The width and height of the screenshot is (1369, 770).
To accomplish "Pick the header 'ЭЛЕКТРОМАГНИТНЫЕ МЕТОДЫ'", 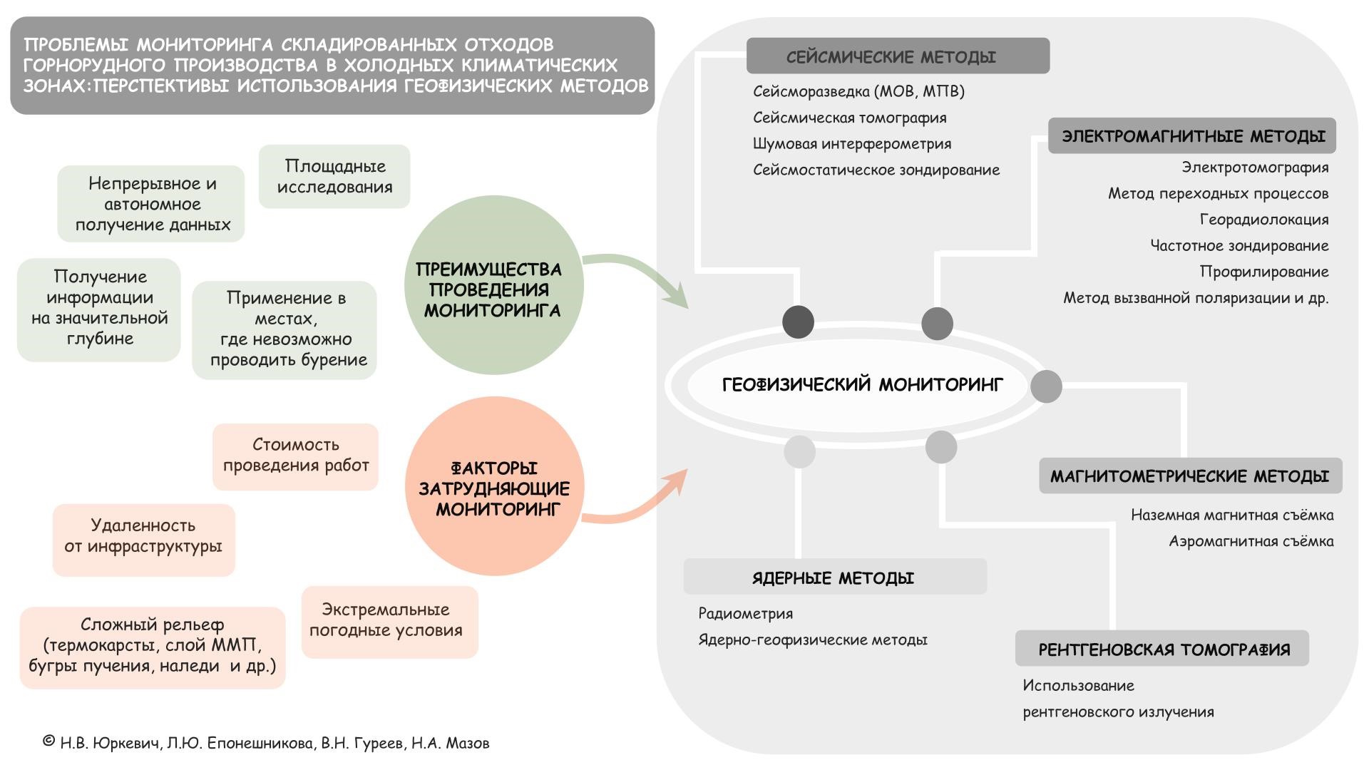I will point(1192,136).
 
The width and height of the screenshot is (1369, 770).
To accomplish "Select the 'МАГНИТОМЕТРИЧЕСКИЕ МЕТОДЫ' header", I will point(1190,476).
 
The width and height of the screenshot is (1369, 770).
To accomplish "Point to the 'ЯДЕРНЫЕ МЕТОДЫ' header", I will point(834,577).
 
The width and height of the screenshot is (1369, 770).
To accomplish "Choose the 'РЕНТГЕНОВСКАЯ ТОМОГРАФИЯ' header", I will point(1162,649).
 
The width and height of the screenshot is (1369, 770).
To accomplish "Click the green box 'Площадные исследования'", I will point(334,177).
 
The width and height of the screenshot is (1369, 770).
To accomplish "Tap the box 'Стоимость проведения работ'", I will point(295,456).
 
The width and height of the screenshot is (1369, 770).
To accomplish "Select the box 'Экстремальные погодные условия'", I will point(389,621).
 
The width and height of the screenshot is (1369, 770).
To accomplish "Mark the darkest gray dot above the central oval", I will point(798,322).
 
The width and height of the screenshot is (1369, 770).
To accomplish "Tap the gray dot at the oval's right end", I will point(1046,386).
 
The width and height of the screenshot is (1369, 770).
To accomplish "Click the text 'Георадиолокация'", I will point(1263,220).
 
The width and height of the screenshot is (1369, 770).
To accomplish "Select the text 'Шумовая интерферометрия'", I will point(852,144).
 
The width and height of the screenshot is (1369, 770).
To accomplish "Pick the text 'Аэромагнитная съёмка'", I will point(1251,541).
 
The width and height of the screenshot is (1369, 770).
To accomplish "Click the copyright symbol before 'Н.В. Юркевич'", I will point(48,741).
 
